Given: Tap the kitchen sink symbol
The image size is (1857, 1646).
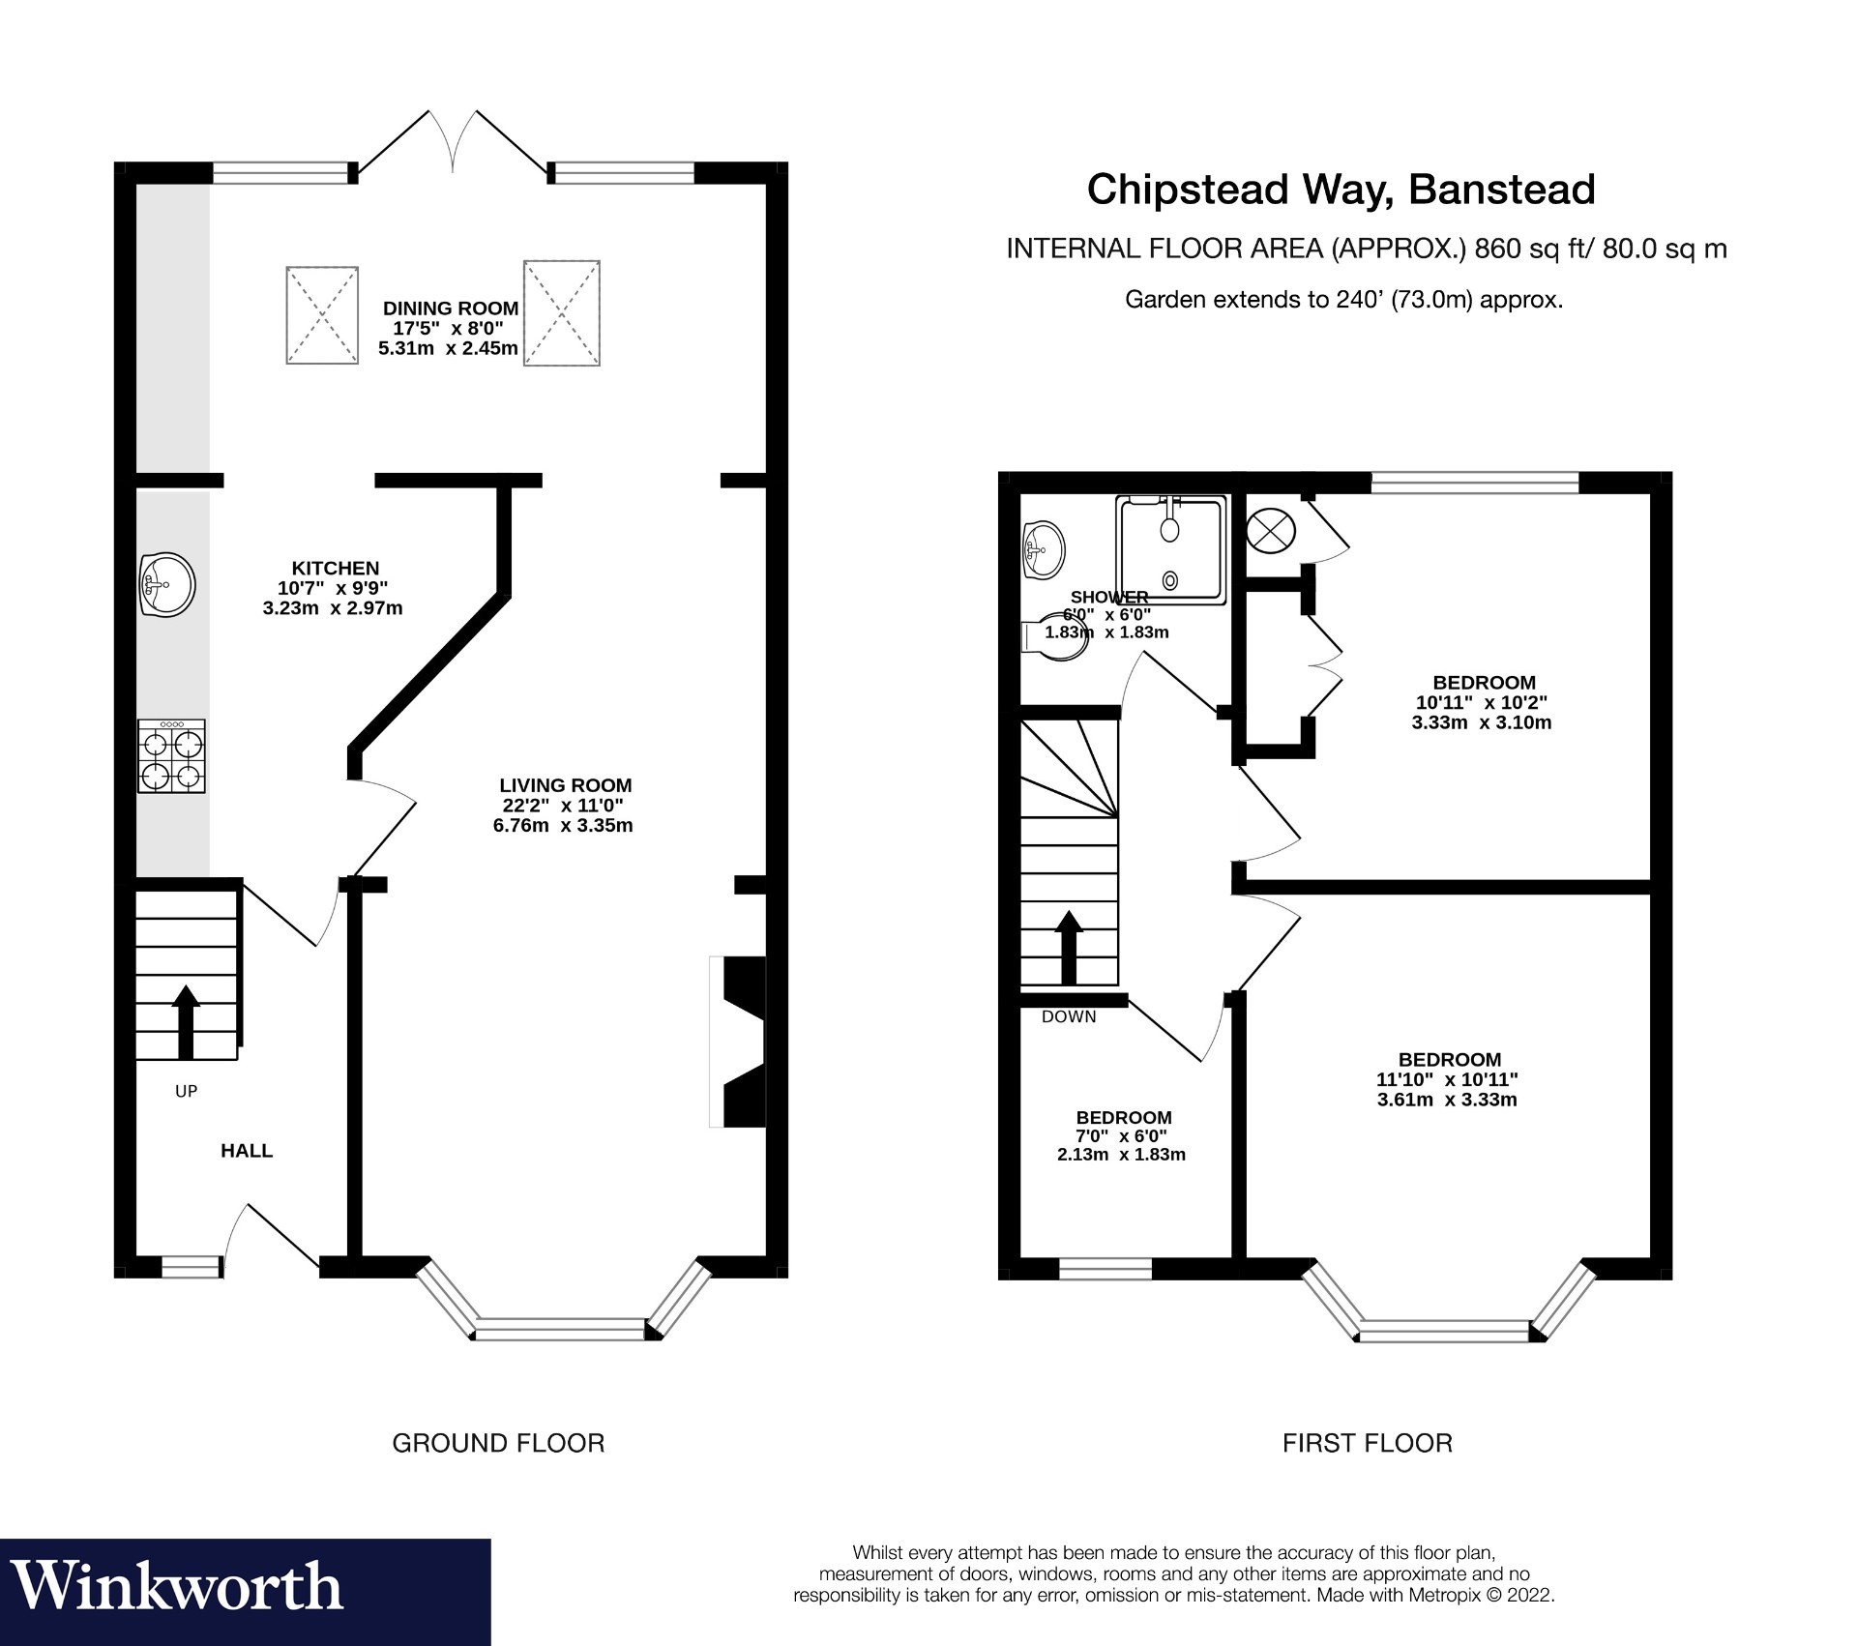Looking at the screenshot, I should click(166, 584).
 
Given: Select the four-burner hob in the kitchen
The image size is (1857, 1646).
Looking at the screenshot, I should click(172, 756).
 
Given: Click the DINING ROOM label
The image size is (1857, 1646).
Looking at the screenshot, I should click(451, 309).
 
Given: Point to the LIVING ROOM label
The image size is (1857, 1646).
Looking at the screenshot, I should click(565, 785).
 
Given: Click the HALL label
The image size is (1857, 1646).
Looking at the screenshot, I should click(247, 1150).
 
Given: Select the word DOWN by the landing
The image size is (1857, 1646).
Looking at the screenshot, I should click(1069, 1016).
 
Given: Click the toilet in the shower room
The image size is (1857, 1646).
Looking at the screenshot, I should click(1056, 637).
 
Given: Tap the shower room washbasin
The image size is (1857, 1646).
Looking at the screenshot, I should click(1044, 550).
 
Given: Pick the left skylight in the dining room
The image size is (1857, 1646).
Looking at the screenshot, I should click(322, 315).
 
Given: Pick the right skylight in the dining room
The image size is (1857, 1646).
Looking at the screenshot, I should click(562, 312).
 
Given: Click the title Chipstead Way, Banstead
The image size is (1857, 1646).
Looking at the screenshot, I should click(1341, 189).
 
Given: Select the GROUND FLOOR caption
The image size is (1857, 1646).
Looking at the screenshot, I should click(498, 1443).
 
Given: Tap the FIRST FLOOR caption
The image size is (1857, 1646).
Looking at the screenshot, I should click(1367, 1443).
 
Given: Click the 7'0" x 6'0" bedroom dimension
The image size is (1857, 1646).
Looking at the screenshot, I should click(1123, 1136).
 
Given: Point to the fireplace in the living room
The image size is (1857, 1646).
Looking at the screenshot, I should click(741, 1042).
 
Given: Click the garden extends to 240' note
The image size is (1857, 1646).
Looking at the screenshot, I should click(1343, 300).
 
